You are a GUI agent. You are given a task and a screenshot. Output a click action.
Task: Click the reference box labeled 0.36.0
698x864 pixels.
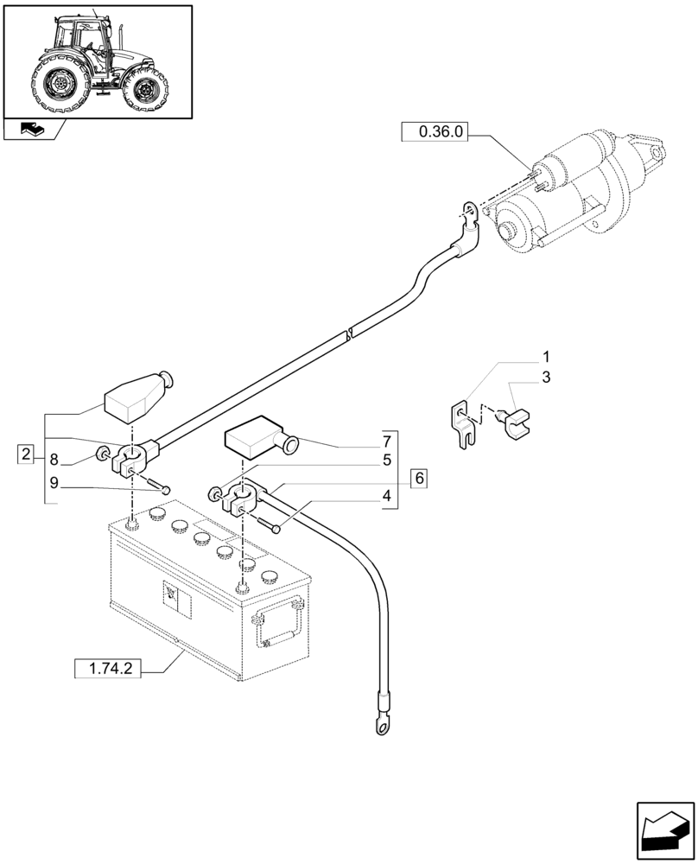pyautogui.click(x=441, y=132)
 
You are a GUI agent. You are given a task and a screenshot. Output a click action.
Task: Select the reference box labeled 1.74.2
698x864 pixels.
pyautogui.click(x=108, y=668)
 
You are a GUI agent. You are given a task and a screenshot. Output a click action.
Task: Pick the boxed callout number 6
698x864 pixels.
pyautogui.click(x=419, y=477)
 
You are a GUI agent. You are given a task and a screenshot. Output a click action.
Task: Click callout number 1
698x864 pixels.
pyautogui.click(x=545, y=357)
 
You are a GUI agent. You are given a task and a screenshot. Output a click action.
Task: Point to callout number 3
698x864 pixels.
pyautogui.click(x=545, y=378)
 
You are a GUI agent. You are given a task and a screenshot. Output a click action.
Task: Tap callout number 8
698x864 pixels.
pyautogui.click(x=54, y=460)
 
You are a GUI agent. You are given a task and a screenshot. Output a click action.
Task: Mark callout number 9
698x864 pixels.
pyautogui.click(x=54, y=484)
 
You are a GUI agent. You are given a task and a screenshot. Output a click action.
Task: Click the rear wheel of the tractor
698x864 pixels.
pyautogui.click(x=58, y=82)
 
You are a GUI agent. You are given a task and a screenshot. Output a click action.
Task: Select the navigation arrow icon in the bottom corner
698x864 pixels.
pyautogui.click(x=665, y=831)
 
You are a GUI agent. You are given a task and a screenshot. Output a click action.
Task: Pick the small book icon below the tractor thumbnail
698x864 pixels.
pyautogui.click(x=32, y=130)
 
